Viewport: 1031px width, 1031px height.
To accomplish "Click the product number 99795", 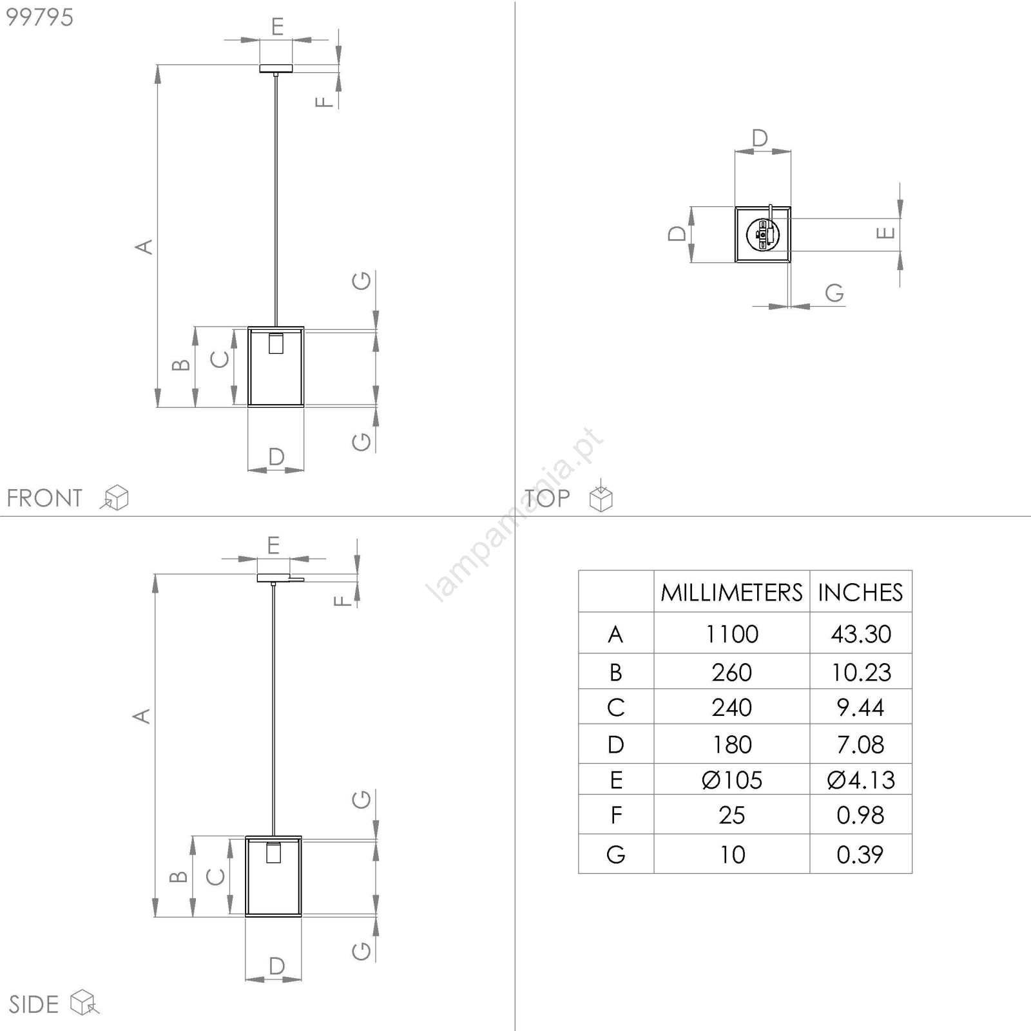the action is click(x=39, y=17).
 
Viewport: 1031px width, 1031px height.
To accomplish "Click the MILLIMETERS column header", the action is click(x=731, y=592).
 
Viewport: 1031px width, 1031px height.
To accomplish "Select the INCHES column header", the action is click(x=860, y=592).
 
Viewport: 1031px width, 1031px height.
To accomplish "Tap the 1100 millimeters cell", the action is click(x=732, y=634).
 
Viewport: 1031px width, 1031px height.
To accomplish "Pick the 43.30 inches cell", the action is click(x=861, y=634).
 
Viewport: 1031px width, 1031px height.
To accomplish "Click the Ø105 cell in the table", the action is click(x=732, y=780).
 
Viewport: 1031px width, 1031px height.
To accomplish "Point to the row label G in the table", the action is click(x=616, y=854).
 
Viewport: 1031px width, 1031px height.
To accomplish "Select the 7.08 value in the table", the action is click(x=860, y=745).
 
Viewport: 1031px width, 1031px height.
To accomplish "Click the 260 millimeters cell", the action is click(x=732, y=673).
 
